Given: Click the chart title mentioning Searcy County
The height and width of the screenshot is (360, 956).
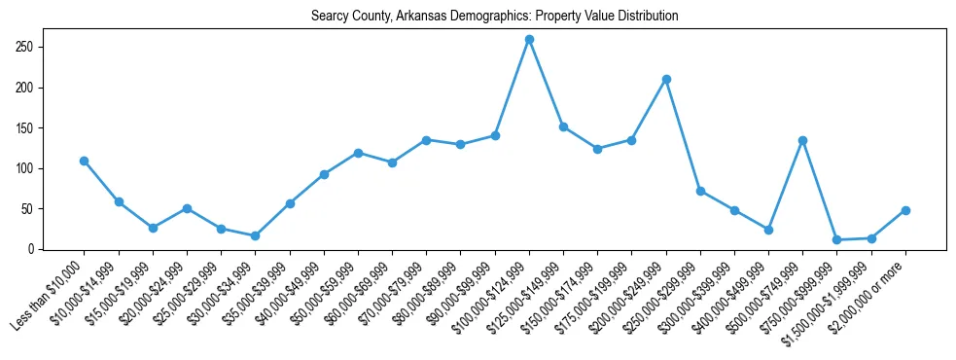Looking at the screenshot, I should click(x=494, y=16).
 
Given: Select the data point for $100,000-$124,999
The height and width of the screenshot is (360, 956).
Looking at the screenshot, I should click(x=529, y=39).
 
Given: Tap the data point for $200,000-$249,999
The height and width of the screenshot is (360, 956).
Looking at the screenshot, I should click(x=666, y=79).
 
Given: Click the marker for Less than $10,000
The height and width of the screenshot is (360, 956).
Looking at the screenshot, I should click(x=85, y=161).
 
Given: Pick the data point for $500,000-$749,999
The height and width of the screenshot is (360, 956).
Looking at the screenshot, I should click(x=802, y=140).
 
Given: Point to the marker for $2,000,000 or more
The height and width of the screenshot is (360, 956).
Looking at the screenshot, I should click(x=905, y=210).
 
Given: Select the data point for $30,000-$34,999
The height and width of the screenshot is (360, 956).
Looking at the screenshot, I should click(x=256, y=236).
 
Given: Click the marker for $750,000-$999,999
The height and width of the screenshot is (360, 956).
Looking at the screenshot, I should click(x=837, y=239).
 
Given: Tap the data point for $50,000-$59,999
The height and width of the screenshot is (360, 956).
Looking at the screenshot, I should click(x=358, y=153).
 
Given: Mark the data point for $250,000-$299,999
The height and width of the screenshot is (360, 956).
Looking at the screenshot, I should click(x=700, y=191).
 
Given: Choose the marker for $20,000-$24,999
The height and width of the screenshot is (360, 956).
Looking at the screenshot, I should click(x=187, y=208).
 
